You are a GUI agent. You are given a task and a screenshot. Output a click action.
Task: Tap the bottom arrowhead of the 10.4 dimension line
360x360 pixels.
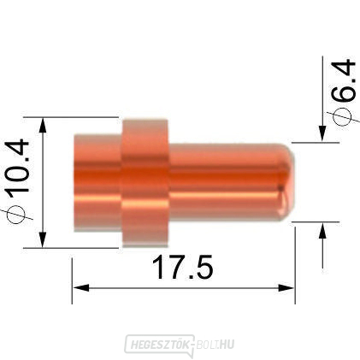coord(43,241)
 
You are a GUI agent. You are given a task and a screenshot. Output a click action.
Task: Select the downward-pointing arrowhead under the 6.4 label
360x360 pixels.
coord(322,133)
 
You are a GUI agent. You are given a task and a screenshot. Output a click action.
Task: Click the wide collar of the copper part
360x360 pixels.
coord(145,182)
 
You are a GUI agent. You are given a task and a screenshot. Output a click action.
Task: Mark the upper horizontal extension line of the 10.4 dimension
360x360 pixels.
coord(77,117)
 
